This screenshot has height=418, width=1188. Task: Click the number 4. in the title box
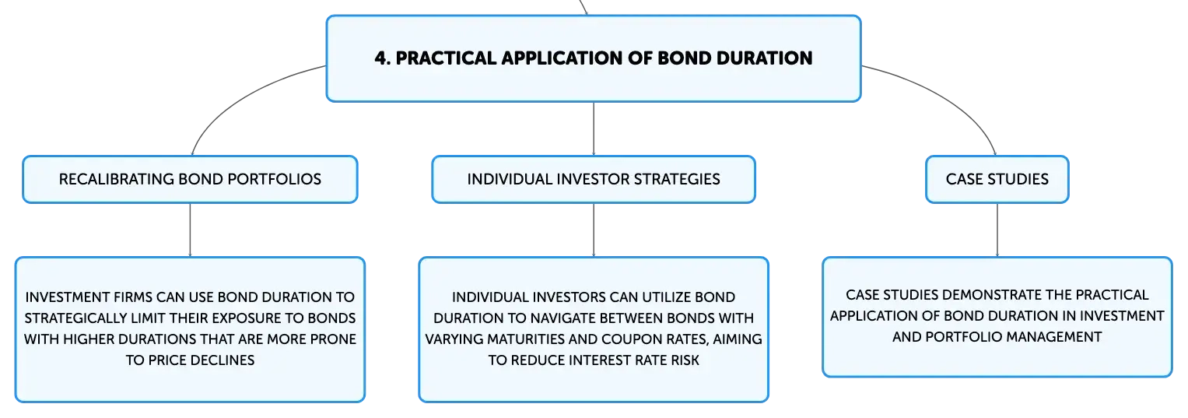383,58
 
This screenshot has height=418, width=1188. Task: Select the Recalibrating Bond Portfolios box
190,179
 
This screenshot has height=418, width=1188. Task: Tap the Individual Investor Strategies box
594,179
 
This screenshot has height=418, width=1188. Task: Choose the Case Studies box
997,179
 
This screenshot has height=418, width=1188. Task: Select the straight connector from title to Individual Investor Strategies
594,129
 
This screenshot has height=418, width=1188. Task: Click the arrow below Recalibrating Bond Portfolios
190,230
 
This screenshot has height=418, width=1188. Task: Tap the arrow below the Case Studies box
997,230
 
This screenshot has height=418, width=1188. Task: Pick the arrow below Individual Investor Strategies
594,230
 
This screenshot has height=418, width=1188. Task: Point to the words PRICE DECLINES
201,360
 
